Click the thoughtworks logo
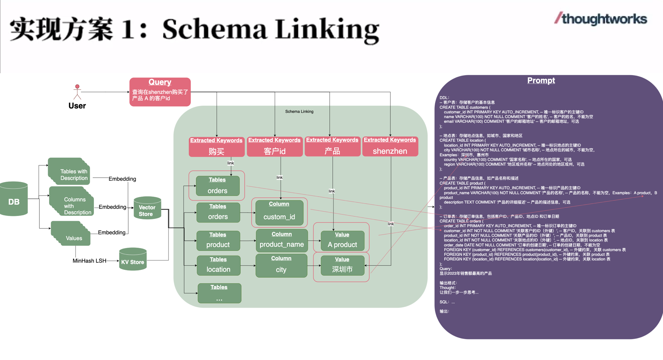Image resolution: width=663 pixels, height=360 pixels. pyautogui.click(x=601, y=19)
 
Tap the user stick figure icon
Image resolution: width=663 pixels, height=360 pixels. pyautogui.click(x=77, y=92)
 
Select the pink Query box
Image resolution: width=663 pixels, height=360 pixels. pyautogui.click(x=160, y=92)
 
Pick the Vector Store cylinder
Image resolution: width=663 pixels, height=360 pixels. pyautogui.click(x=147, y=208)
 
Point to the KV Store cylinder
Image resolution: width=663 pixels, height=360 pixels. pyautogui.click(x=133, y=259)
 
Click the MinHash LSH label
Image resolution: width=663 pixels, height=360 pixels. pyautogui.click(x=89, y=261)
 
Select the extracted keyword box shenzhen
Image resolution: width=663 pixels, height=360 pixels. pyautogui.click(x=390, y=146)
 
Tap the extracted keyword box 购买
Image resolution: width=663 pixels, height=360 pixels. pyautogui.click(x=217, y=147)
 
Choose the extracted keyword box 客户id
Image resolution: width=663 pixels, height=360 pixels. pyautogui.click(x=275, y=146)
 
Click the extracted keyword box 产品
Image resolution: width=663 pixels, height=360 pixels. pyautogui.click(x=332, y=146)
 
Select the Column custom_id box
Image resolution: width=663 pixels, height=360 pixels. pyautogui.click(x=279, y=213)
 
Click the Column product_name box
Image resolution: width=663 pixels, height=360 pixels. pyautogui.click(x=282, y=240)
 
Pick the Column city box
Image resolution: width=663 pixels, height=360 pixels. pyautogui.click(x=281, y=265)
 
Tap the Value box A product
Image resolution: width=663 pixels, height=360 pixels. pyautogui.click(x=342, y=241)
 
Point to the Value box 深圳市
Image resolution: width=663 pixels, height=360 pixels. pyautogui.click(x=342, y=265)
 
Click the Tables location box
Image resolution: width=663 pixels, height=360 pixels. pyautogui.click(x=219, y=265)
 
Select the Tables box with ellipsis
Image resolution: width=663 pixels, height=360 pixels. pyautogui.click(x=219, y=293)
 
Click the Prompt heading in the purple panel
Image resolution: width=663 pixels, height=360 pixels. pyautogui.click(x=541, y=81)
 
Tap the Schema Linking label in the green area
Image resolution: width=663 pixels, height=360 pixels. pyautogui.click(x=299, y=112)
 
